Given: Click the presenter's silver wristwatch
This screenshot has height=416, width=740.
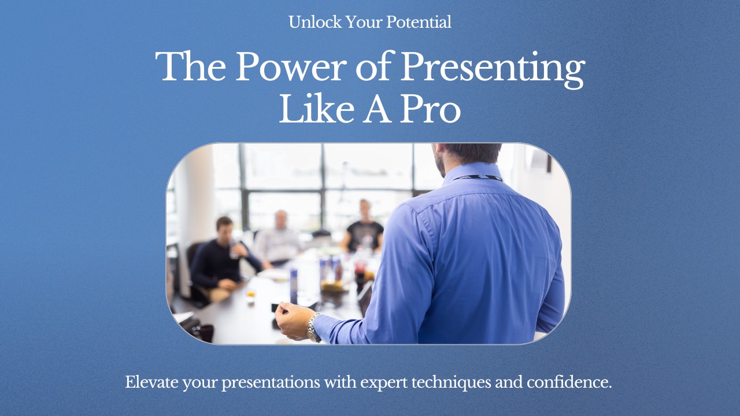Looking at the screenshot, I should click(313, 328).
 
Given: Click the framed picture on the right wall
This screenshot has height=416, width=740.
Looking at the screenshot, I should click(539, 158).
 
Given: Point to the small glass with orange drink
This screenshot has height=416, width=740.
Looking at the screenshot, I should click(250, 295).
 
